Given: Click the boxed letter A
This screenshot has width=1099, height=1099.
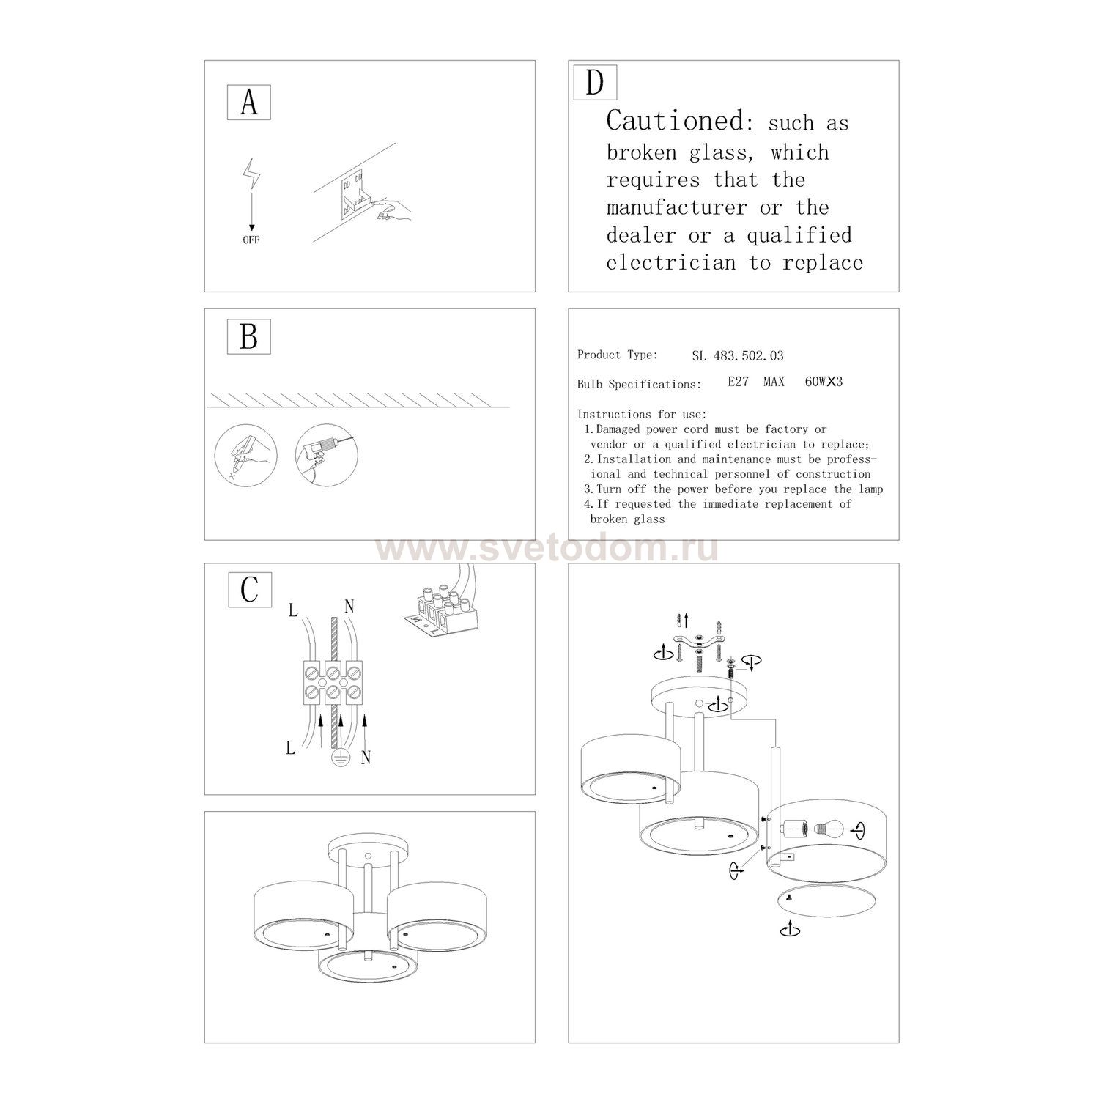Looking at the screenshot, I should coord(249,103).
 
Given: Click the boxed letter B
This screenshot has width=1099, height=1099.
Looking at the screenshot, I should coord(249,337).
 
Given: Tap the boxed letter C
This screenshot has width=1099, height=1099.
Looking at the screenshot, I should coord(250,588).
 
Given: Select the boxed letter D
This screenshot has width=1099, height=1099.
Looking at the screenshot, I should coord(594,82).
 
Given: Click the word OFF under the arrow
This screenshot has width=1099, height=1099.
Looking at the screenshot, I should coord(251,240).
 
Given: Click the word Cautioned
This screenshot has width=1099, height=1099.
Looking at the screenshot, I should coord(675,120).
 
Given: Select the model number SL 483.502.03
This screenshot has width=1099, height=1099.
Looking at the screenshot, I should coord(737,356).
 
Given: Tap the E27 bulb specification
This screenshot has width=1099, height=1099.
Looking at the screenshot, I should coord(738,382).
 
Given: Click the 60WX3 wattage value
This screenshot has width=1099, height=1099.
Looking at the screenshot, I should coord(824,382).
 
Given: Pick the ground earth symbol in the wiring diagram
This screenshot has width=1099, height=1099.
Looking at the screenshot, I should coord(339,759).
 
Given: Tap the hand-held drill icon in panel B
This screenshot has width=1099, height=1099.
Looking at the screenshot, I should coord(322,454).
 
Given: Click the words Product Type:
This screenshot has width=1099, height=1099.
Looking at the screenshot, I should coord(617,355).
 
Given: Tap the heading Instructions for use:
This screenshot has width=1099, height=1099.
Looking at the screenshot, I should coord(641,414).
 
